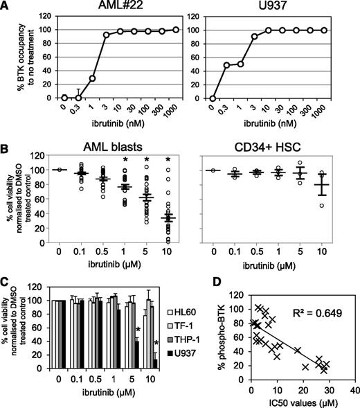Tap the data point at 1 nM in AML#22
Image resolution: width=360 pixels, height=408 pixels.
pos(91,78)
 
